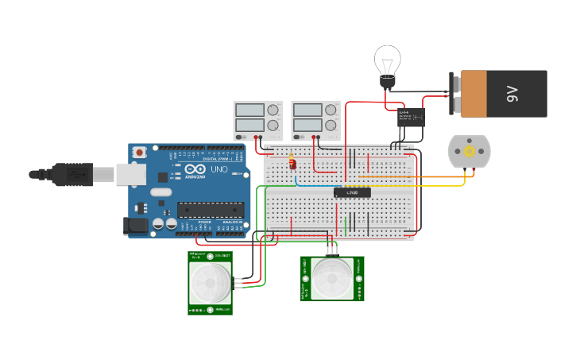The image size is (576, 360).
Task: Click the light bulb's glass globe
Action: click(388, 59)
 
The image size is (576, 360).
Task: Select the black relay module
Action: click(411, 117)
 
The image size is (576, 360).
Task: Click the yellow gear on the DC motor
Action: click(469, 151)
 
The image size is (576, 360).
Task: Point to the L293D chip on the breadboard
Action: click(351, 192)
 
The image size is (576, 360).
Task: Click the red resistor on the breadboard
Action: click(292, 164)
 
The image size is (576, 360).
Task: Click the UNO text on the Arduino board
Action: click(218, 170)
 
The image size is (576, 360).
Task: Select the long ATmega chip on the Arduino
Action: click(210, 210)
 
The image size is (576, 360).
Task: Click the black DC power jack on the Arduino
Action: click(137, 226)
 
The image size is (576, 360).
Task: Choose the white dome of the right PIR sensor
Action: click(332, 278)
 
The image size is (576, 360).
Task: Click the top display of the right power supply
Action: click(307, 110)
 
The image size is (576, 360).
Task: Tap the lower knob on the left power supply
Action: click(273, 126)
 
